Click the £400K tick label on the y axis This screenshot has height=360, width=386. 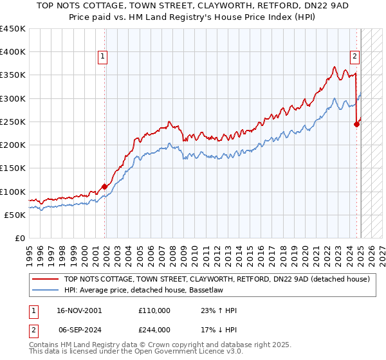pyautogui.click(x=13, y=52)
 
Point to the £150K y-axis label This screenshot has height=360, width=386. pyautogui.click(x=13, y=168)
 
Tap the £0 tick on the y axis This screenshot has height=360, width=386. pyautogui.click(x=21, y=238)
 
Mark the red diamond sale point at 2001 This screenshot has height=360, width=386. pyautogui.click(x=104, y=187)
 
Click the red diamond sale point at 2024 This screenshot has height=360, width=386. pyautogui.click(x=357, y=125)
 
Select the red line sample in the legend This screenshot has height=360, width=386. pyautogui.click(x=45, y=279)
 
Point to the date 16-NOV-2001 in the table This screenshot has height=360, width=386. pyautogui.click(x=79, y=310)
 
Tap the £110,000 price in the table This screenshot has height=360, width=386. pyautogui.click(x=154, y=310)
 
